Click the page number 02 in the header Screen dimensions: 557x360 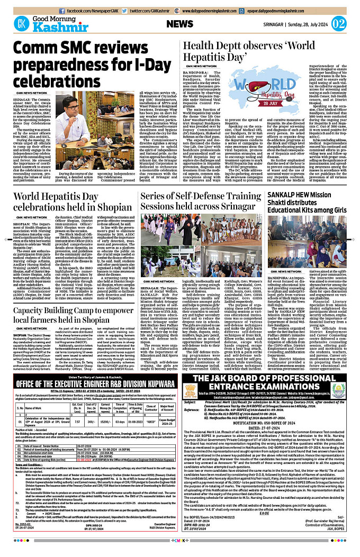[339, 24]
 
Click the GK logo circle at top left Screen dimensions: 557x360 [22, 24]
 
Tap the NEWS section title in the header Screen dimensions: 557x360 [179, 24]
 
